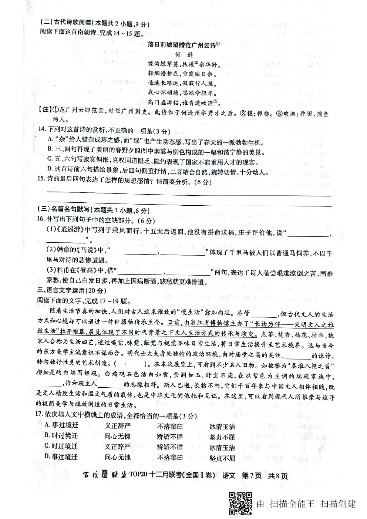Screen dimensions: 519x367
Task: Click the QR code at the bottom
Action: (x=240, y=503)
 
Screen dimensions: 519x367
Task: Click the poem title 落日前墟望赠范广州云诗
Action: (x=183, y=44)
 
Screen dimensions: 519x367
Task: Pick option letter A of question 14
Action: (x=51, y=139)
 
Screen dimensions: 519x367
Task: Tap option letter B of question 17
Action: (x=47, y=436)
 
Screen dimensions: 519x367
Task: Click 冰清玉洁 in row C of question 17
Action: (x=222, y=447)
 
